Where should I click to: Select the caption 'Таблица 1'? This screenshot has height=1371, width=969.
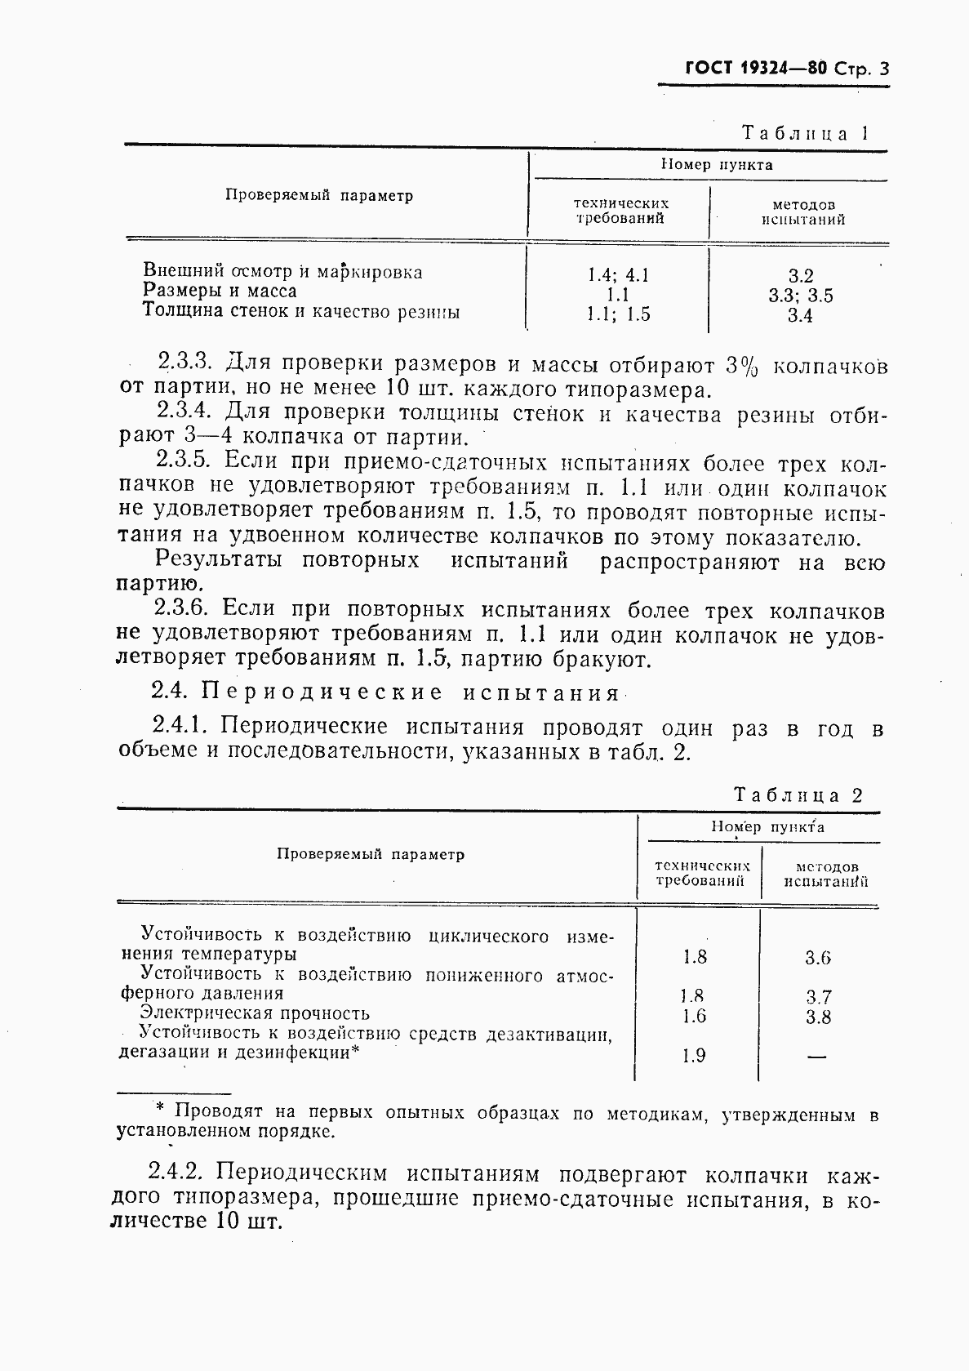(803, 133)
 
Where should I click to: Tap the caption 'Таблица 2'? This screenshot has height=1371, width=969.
(798, 795)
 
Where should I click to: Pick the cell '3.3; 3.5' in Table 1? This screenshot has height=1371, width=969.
(800, 296)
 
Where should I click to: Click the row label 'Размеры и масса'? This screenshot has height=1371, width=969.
(220, 291)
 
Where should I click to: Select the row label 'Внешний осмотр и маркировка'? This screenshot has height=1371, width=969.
(282, 271)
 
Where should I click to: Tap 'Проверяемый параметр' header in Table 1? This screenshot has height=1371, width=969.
(318, 196)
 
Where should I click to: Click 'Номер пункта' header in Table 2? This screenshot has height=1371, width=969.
(767, 827)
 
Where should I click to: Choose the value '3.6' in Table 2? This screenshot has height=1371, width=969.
(817, 958)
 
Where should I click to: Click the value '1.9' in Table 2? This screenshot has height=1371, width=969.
(693, 1056)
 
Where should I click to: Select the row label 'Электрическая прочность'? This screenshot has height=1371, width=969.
(255, 1013)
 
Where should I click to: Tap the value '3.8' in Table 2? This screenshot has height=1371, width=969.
(818, 1017)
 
